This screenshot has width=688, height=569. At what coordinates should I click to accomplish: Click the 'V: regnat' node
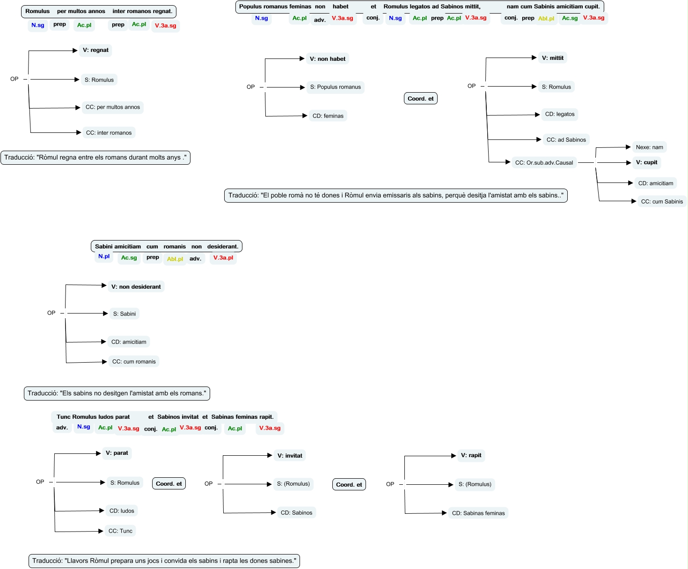(x=95, y=50)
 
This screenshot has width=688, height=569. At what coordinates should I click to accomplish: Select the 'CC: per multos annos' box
(x=112, y=107)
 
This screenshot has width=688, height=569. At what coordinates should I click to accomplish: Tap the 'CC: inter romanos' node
(x=109, y=133)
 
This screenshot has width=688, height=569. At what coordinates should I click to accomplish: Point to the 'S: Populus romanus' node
(x=335, y=87)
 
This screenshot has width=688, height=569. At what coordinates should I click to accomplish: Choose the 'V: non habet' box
(x=327, y=59)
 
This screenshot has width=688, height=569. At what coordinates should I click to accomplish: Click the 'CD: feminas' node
(x=328, y=116)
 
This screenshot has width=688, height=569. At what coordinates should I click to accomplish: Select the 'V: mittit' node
(x=552, y=58)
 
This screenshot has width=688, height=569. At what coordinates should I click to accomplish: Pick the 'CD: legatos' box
(x=559, y=114)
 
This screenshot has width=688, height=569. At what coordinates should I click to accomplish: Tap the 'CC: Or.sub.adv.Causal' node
(x=544, y=163)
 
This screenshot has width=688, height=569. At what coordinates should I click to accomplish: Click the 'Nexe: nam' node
(x=649, y=147)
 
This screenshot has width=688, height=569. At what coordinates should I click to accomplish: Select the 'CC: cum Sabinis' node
(x=661, y=202)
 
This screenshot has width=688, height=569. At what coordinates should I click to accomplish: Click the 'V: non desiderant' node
(x=136, y=287)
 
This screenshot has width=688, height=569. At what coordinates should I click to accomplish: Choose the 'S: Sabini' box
(x=124, y=314)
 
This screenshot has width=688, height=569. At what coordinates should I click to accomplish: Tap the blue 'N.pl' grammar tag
(x=104, y=256)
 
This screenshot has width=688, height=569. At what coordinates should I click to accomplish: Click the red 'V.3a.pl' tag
(x=223, y=258)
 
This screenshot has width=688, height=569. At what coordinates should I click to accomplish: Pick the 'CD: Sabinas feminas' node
(x=478, y=513)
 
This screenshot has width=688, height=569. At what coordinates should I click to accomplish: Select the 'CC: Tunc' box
(x=120, y=531)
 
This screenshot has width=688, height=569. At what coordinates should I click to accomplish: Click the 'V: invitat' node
(x=289, y=456)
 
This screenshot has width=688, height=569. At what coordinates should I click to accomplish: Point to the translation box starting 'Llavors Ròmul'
(x=164, y=561)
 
